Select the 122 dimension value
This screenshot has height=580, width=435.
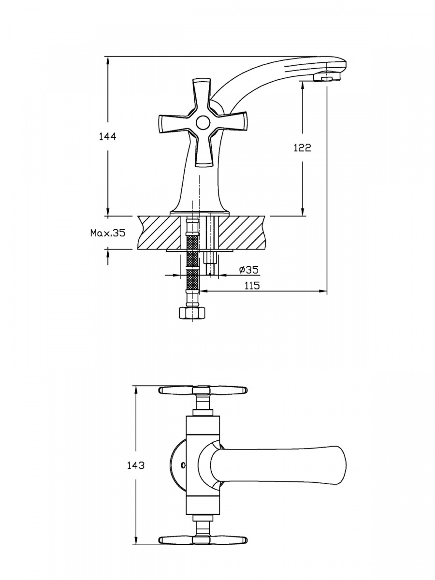(303, 148)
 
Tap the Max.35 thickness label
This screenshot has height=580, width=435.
(108, 233)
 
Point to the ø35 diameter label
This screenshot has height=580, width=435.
(248, 269)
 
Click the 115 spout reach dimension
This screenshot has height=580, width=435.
(252, 285)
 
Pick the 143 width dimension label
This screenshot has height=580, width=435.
(136, 465)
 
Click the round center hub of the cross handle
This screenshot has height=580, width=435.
(203, 123)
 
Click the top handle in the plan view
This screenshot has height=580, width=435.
(203, 390)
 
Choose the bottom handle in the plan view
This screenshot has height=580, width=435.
(203, 540)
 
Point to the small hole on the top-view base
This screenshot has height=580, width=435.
(183, 465)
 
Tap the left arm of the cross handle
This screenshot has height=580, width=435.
(174, 124)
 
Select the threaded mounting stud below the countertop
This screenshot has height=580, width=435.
(211, 263)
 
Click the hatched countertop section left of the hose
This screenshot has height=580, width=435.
(159, 233)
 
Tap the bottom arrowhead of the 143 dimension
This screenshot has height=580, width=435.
(137, 542)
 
